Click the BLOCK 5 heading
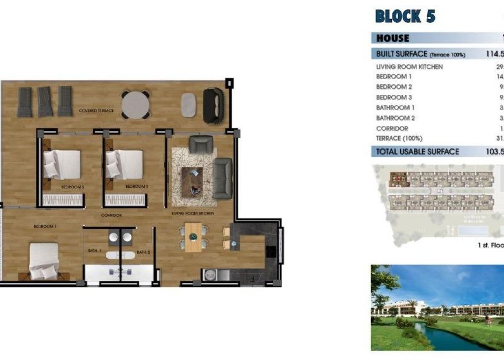coord(405,16)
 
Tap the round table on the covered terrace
coord(136,104)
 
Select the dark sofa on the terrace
coord(213,105)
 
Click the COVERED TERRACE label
coord(96,111)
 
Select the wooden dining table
coord(193,237)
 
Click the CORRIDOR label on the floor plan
coord(111,216)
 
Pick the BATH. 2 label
coord(143,252)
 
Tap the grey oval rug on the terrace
coord(188,105)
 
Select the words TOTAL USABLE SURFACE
coord(417,152)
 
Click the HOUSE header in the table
coord(392,38)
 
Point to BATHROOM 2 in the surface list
coord(395,118)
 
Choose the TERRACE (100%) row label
coord(399,139)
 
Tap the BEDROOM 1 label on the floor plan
coord(45,226)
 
